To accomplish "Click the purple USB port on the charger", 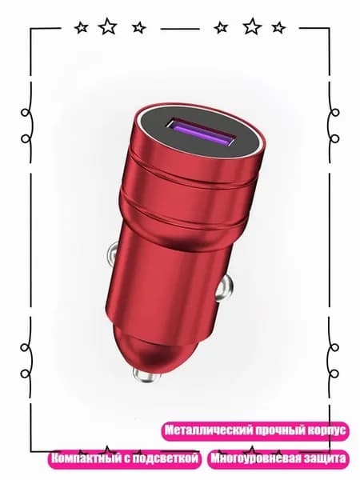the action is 201,133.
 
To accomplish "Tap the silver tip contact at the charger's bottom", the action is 144,376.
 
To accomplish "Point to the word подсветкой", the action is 166,458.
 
